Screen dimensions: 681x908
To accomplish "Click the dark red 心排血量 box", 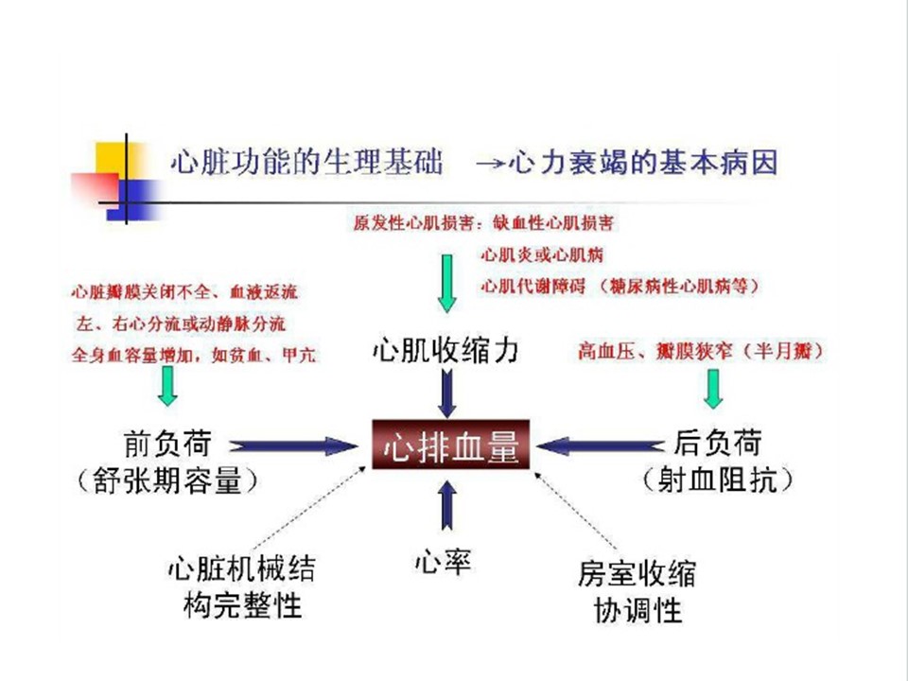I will (x=450, y=445).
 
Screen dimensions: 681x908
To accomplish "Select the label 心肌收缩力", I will (x=445, y=353).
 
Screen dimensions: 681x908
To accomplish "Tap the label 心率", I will (x=443, y=563).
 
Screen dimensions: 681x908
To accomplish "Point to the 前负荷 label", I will (x=166, y=444).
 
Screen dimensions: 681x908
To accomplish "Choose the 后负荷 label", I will (x=718, y=443).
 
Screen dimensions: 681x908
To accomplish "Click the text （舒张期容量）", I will (x=166, y=481).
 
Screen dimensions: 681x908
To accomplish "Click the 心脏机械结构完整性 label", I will (x=242, y=586).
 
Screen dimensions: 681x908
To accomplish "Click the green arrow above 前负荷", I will (x=167, y=385).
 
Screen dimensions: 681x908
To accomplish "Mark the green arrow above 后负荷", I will (x=713, y=388).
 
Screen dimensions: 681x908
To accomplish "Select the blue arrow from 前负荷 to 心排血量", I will (x=289, y=445).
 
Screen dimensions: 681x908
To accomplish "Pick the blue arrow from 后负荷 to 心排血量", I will (x=605, y=445).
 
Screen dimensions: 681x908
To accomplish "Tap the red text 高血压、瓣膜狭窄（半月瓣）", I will (x=701, y=352).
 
